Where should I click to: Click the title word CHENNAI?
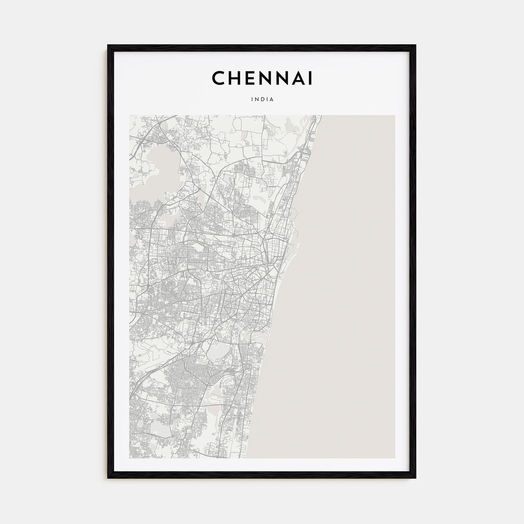click(x=262, y=78)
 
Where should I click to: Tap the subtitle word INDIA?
click(x=262, y=100)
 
